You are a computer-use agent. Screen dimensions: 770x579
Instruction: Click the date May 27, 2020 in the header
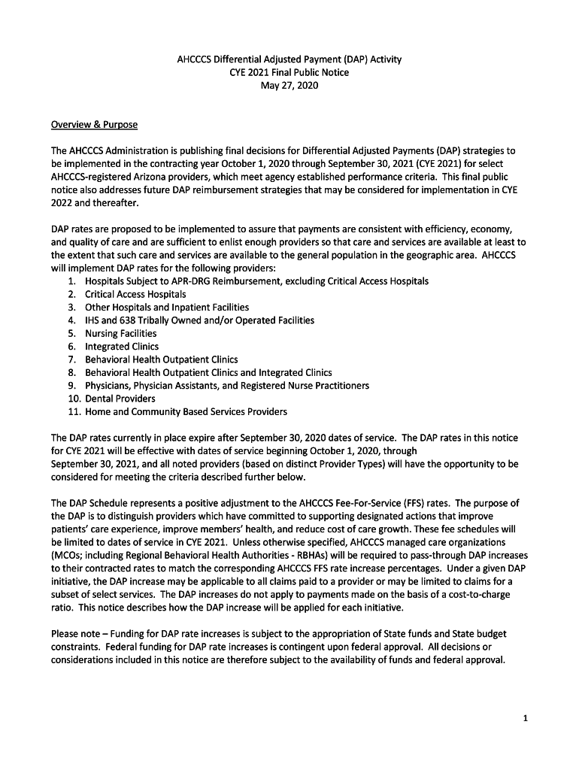pos(289,86)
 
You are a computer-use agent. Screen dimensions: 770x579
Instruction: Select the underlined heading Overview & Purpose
pos(94,124)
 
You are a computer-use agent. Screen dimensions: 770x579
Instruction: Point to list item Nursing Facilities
pos(121,333)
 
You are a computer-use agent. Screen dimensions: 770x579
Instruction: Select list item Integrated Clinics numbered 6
pos(122,347)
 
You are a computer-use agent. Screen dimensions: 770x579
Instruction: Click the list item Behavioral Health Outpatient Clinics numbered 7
pos(161,359)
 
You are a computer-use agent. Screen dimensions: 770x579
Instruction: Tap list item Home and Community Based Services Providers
pos(186,411)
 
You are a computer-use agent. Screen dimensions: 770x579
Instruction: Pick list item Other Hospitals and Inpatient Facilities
pos(167,307)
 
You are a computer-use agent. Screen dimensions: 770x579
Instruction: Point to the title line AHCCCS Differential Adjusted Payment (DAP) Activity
pos(289,59)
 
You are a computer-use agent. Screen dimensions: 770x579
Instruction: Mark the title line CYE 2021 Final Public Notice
pos(289,73)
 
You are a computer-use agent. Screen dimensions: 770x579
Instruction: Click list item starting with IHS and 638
pos(199,320)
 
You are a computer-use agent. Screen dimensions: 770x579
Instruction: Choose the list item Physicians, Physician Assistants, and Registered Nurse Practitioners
pos(227,386)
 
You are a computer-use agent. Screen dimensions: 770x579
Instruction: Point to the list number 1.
pos(71,280)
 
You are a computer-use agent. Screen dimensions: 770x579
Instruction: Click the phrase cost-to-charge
pos(477,594)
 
